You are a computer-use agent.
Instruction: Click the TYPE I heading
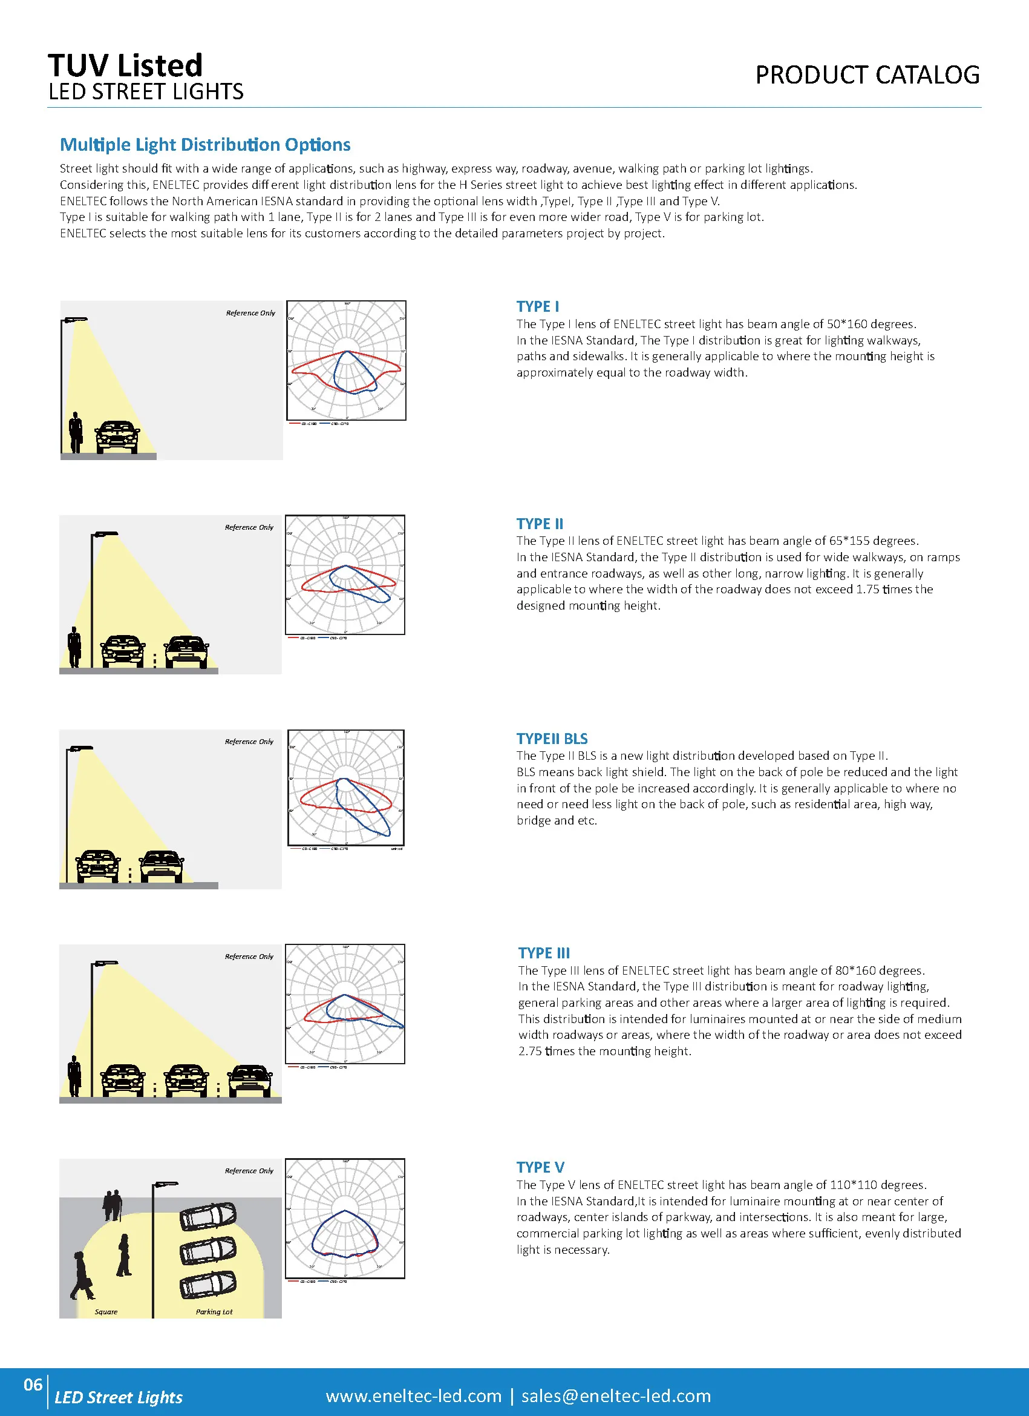coord(537,306)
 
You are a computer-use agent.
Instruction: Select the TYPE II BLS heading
coord(552,739)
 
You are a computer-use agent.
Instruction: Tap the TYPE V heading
coord(540,1168)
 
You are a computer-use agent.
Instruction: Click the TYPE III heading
coord(543,953)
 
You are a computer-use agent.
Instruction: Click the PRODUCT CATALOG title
coord(867,75)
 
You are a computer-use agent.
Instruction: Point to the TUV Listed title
coord(125,65)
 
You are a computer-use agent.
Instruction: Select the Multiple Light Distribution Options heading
coord(204,145)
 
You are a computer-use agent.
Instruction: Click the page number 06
coord(33,1385)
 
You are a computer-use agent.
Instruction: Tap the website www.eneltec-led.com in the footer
coord(413,1396)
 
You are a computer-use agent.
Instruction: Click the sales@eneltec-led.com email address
coord(616,1396)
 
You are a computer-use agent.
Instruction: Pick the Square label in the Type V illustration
coord(106,1312)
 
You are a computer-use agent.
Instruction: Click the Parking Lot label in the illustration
coord(214,1312)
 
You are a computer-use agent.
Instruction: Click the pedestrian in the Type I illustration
coord(76,432)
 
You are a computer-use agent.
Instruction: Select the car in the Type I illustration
coord(117,437)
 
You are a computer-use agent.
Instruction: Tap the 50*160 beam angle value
coord(847,324)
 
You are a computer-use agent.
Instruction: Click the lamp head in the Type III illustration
coord(105,963)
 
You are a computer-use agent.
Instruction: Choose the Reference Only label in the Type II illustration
coord(249,527)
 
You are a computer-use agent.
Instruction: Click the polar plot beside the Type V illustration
coord(345,1219)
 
